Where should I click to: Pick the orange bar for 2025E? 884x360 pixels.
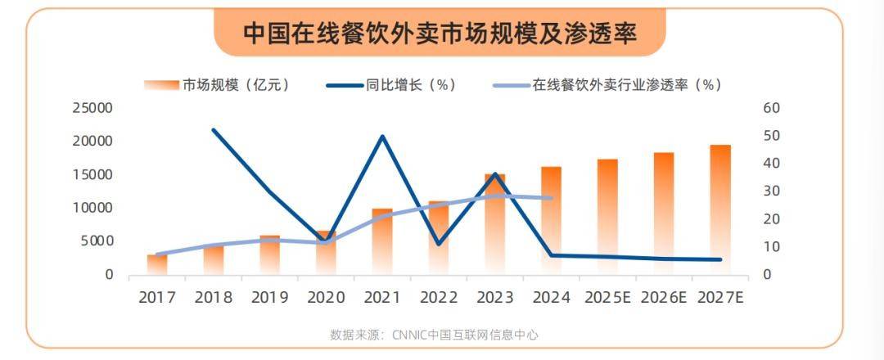coord(607,217)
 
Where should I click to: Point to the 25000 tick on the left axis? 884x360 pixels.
coord(92,108)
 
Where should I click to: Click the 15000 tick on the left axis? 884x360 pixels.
coord(92,174)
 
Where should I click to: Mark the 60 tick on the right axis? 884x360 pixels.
coord(773,108)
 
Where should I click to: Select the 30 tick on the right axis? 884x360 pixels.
coord(773,191)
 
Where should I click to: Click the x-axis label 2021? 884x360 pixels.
coord(382,297)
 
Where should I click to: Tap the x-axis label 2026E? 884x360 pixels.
coord(663,297)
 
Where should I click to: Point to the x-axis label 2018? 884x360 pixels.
coord(213,297)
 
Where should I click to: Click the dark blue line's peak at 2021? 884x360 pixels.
coord(382,136)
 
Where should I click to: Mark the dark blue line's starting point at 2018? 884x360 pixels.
coord(213,129)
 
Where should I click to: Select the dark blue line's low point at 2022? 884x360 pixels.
coord(439,244)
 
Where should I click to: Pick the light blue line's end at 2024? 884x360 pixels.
coord(552,198)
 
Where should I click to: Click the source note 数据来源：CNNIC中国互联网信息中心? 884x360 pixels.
coord(434,335)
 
